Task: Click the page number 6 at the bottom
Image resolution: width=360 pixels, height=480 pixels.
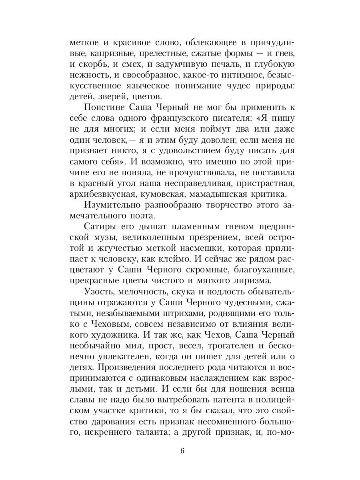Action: tap(182, 451)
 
